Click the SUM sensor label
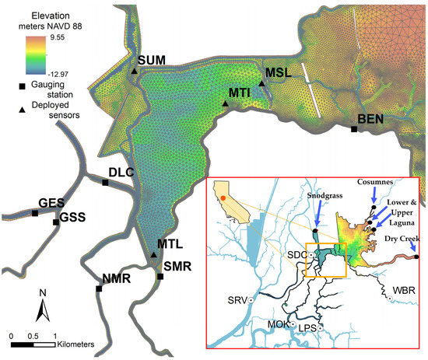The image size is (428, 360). [x=153, y=60]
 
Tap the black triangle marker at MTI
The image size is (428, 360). [x=226, y=103]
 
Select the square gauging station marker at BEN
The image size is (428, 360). [x=354, y=129]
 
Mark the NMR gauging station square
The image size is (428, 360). [x=99, y=288]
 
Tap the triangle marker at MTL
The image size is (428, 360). [x=153, y=254]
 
